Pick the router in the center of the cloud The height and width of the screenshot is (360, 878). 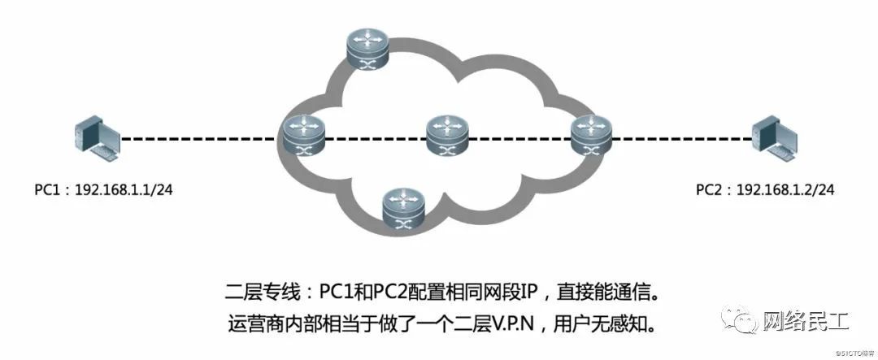click(x=447, y=137)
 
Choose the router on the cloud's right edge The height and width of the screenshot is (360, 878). click(x=589, y=136)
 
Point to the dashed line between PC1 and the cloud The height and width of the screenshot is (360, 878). click(x=203, y=139)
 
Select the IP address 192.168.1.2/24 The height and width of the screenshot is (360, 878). click(x=785, y=190)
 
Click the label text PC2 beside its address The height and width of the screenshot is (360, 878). click(x=710, y=190)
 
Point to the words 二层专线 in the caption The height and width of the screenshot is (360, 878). click(x=254, y=290)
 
